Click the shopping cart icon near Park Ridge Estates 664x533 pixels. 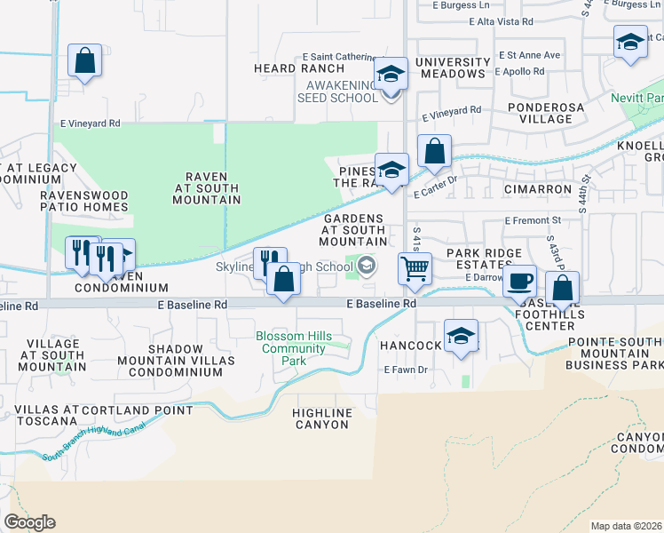pos(415,267)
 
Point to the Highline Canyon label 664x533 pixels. pos(321,418)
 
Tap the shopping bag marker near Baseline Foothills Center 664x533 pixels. pos(563,288)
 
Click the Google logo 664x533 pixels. pos(29,522)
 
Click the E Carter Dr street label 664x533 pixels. pos(434,179)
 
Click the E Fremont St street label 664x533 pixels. pos(533,219)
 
